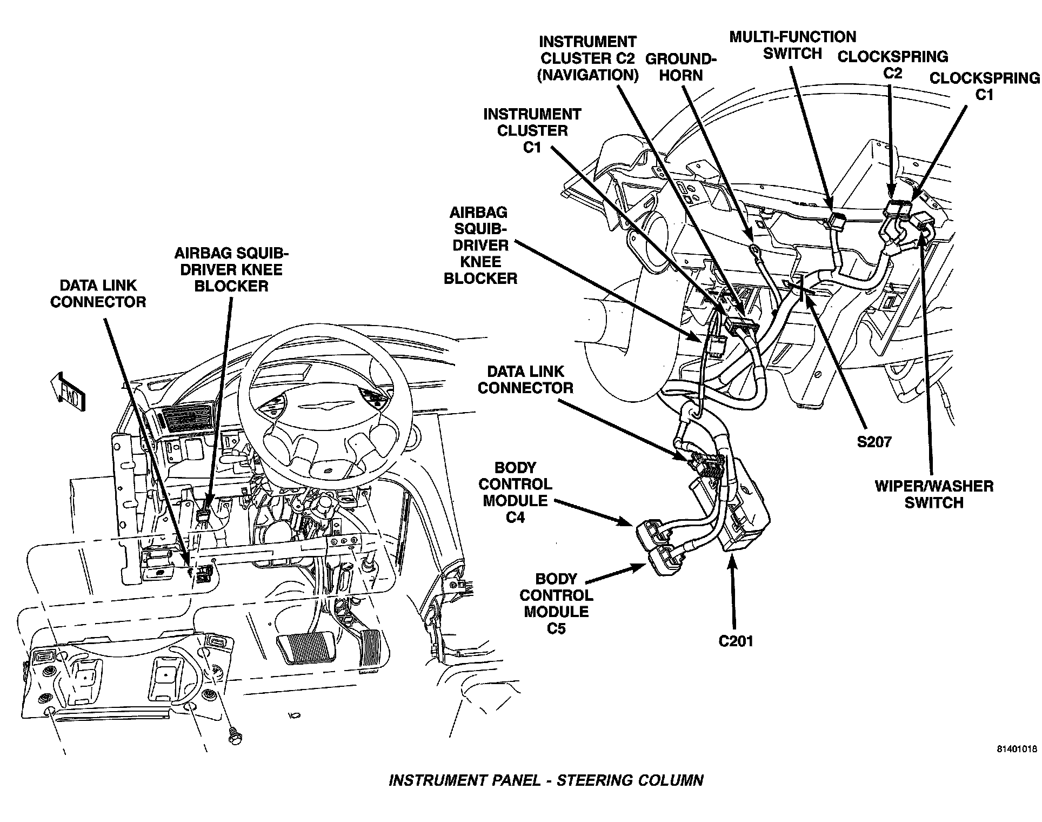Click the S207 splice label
[x=874, y=442]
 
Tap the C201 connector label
[x=735, y=641]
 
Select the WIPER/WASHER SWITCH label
[x=934, y=494]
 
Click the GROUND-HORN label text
[x=681, y=67]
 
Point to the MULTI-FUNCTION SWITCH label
[x=792, y=45]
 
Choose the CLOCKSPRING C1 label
[x=984, y=86]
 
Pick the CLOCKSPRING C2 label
[x=892, y=64]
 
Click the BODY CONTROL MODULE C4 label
[x=515, y=492]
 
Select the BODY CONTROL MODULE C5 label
[x=556, y=604]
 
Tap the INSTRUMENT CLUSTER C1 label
[x=532, y=130]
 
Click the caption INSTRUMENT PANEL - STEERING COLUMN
[x=546, y=780]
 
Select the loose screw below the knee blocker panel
[x=235, y=738]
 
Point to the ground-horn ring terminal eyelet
[x=752, y=248]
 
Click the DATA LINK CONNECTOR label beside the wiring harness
[x=525, y=380]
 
